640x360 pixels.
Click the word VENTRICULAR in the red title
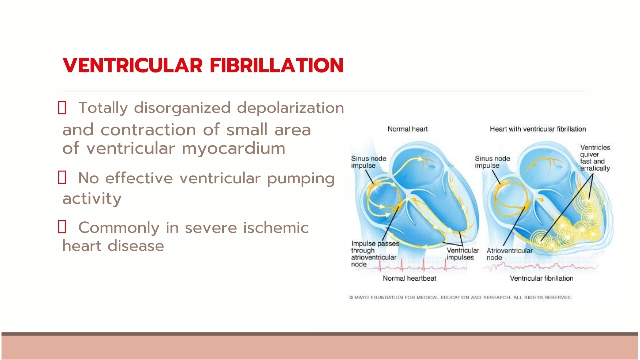coord(133,65)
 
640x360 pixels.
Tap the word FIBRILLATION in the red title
coord(277,65)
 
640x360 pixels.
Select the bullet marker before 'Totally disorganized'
coord(62,108)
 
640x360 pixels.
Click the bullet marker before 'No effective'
coord(62,177)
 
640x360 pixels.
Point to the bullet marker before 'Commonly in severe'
coord(62,227)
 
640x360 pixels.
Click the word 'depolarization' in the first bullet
coord(290,109)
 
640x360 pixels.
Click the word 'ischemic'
coord(275,228)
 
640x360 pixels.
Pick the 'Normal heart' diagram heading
coord(407,129)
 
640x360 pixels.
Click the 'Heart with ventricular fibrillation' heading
coord(538,129)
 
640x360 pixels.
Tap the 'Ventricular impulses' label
coord(463,254)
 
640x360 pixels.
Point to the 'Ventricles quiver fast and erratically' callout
coord(595,158)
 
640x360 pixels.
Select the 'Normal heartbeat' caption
coord(409,278)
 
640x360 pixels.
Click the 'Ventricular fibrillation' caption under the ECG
coord(541,278)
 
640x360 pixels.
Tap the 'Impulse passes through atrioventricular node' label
coord(375,254)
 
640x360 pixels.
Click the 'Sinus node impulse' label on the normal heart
coord(368,162)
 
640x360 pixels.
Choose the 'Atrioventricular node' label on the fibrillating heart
coord(509,254)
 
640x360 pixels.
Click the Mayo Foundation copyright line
coord(461,297)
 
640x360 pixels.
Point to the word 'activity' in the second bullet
coord(92,198)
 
